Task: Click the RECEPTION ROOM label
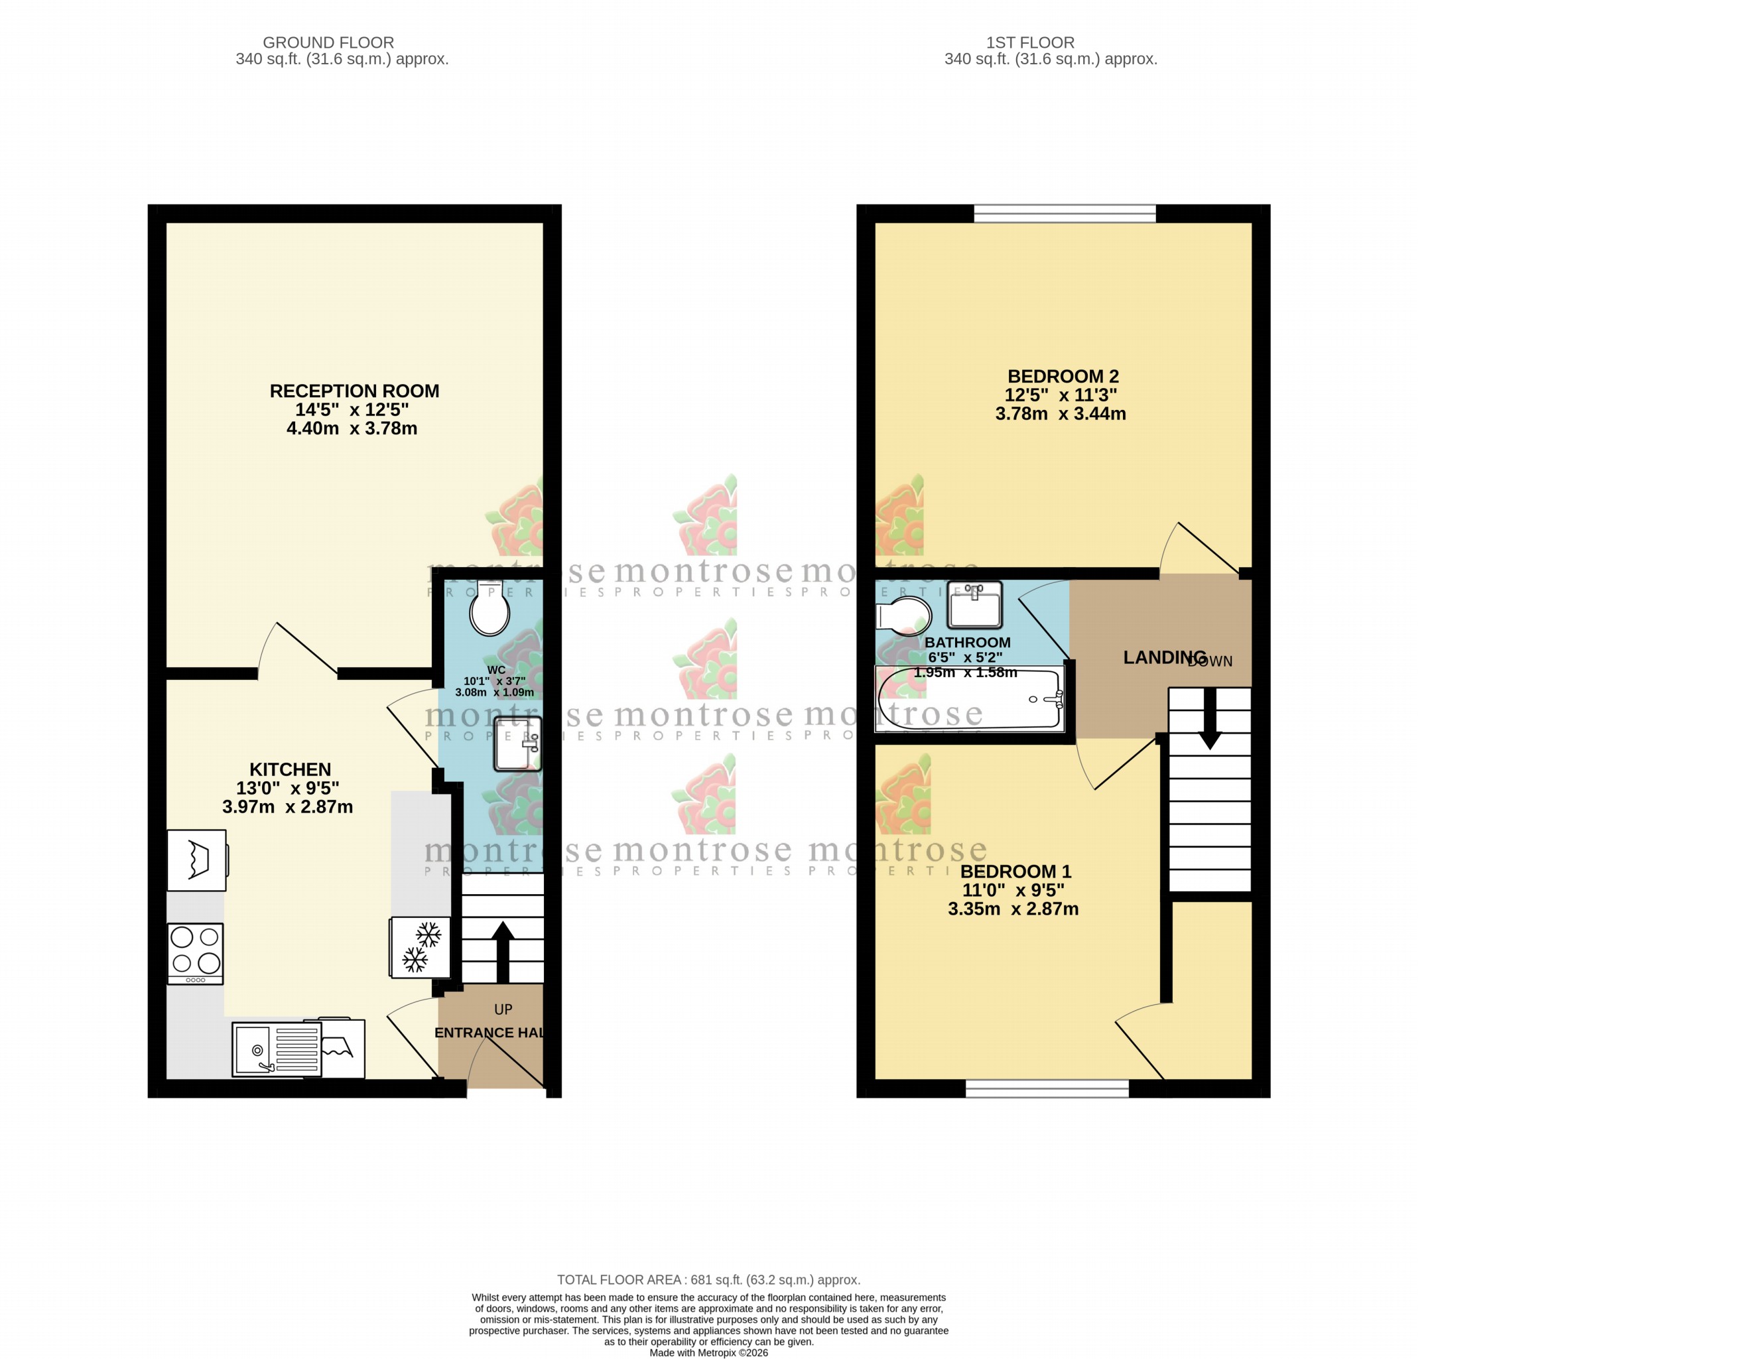click(354, 391)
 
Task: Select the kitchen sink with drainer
click(276, 1049)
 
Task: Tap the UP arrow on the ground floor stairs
click(503, 951)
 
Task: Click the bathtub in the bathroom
click(969, 698)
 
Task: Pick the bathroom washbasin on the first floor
click(974, 605)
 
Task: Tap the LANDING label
click(1164, 657)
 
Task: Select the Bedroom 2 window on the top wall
click(1065, 214)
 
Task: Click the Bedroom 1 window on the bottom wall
click(1047, 1089)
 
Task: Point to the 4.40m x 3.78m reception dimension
click(352, 428)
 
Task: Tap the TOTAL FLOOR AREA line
click(709, 1279)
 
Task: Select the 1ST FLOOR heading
click(1030, 42)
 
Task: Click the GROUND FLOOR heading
click(328, 42)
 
